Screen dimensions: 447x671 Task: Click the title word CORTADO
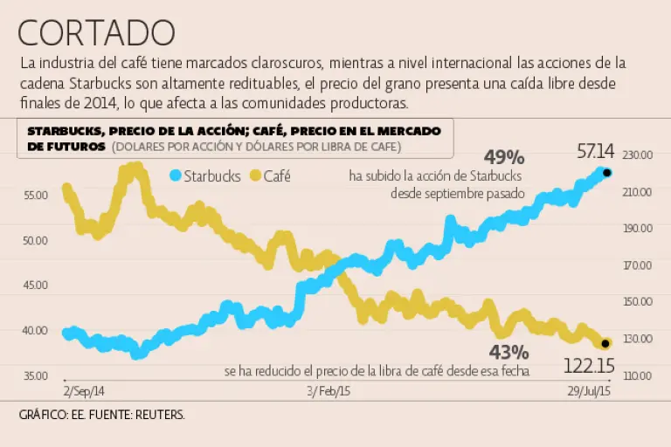tap(96, 32)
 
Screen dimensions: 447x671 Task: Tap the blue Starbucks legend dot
tap(175, 175)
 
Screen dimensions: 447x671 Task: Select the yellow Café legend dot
tap(256, 175)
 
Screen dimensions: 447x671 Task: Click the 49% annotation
tap(505, 158)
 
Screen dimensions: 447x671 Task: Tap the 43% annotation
tap(508, 353)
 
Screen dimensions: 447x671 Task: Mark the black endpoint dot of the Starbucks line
tap(607, 173)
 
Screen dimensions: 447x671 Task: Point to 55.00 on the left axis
tap(36, 195)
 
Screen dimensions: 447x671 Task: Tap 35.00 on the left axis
tap(36, 375)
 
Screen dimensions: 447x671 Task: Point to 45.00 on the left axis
tap(36, 285)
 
